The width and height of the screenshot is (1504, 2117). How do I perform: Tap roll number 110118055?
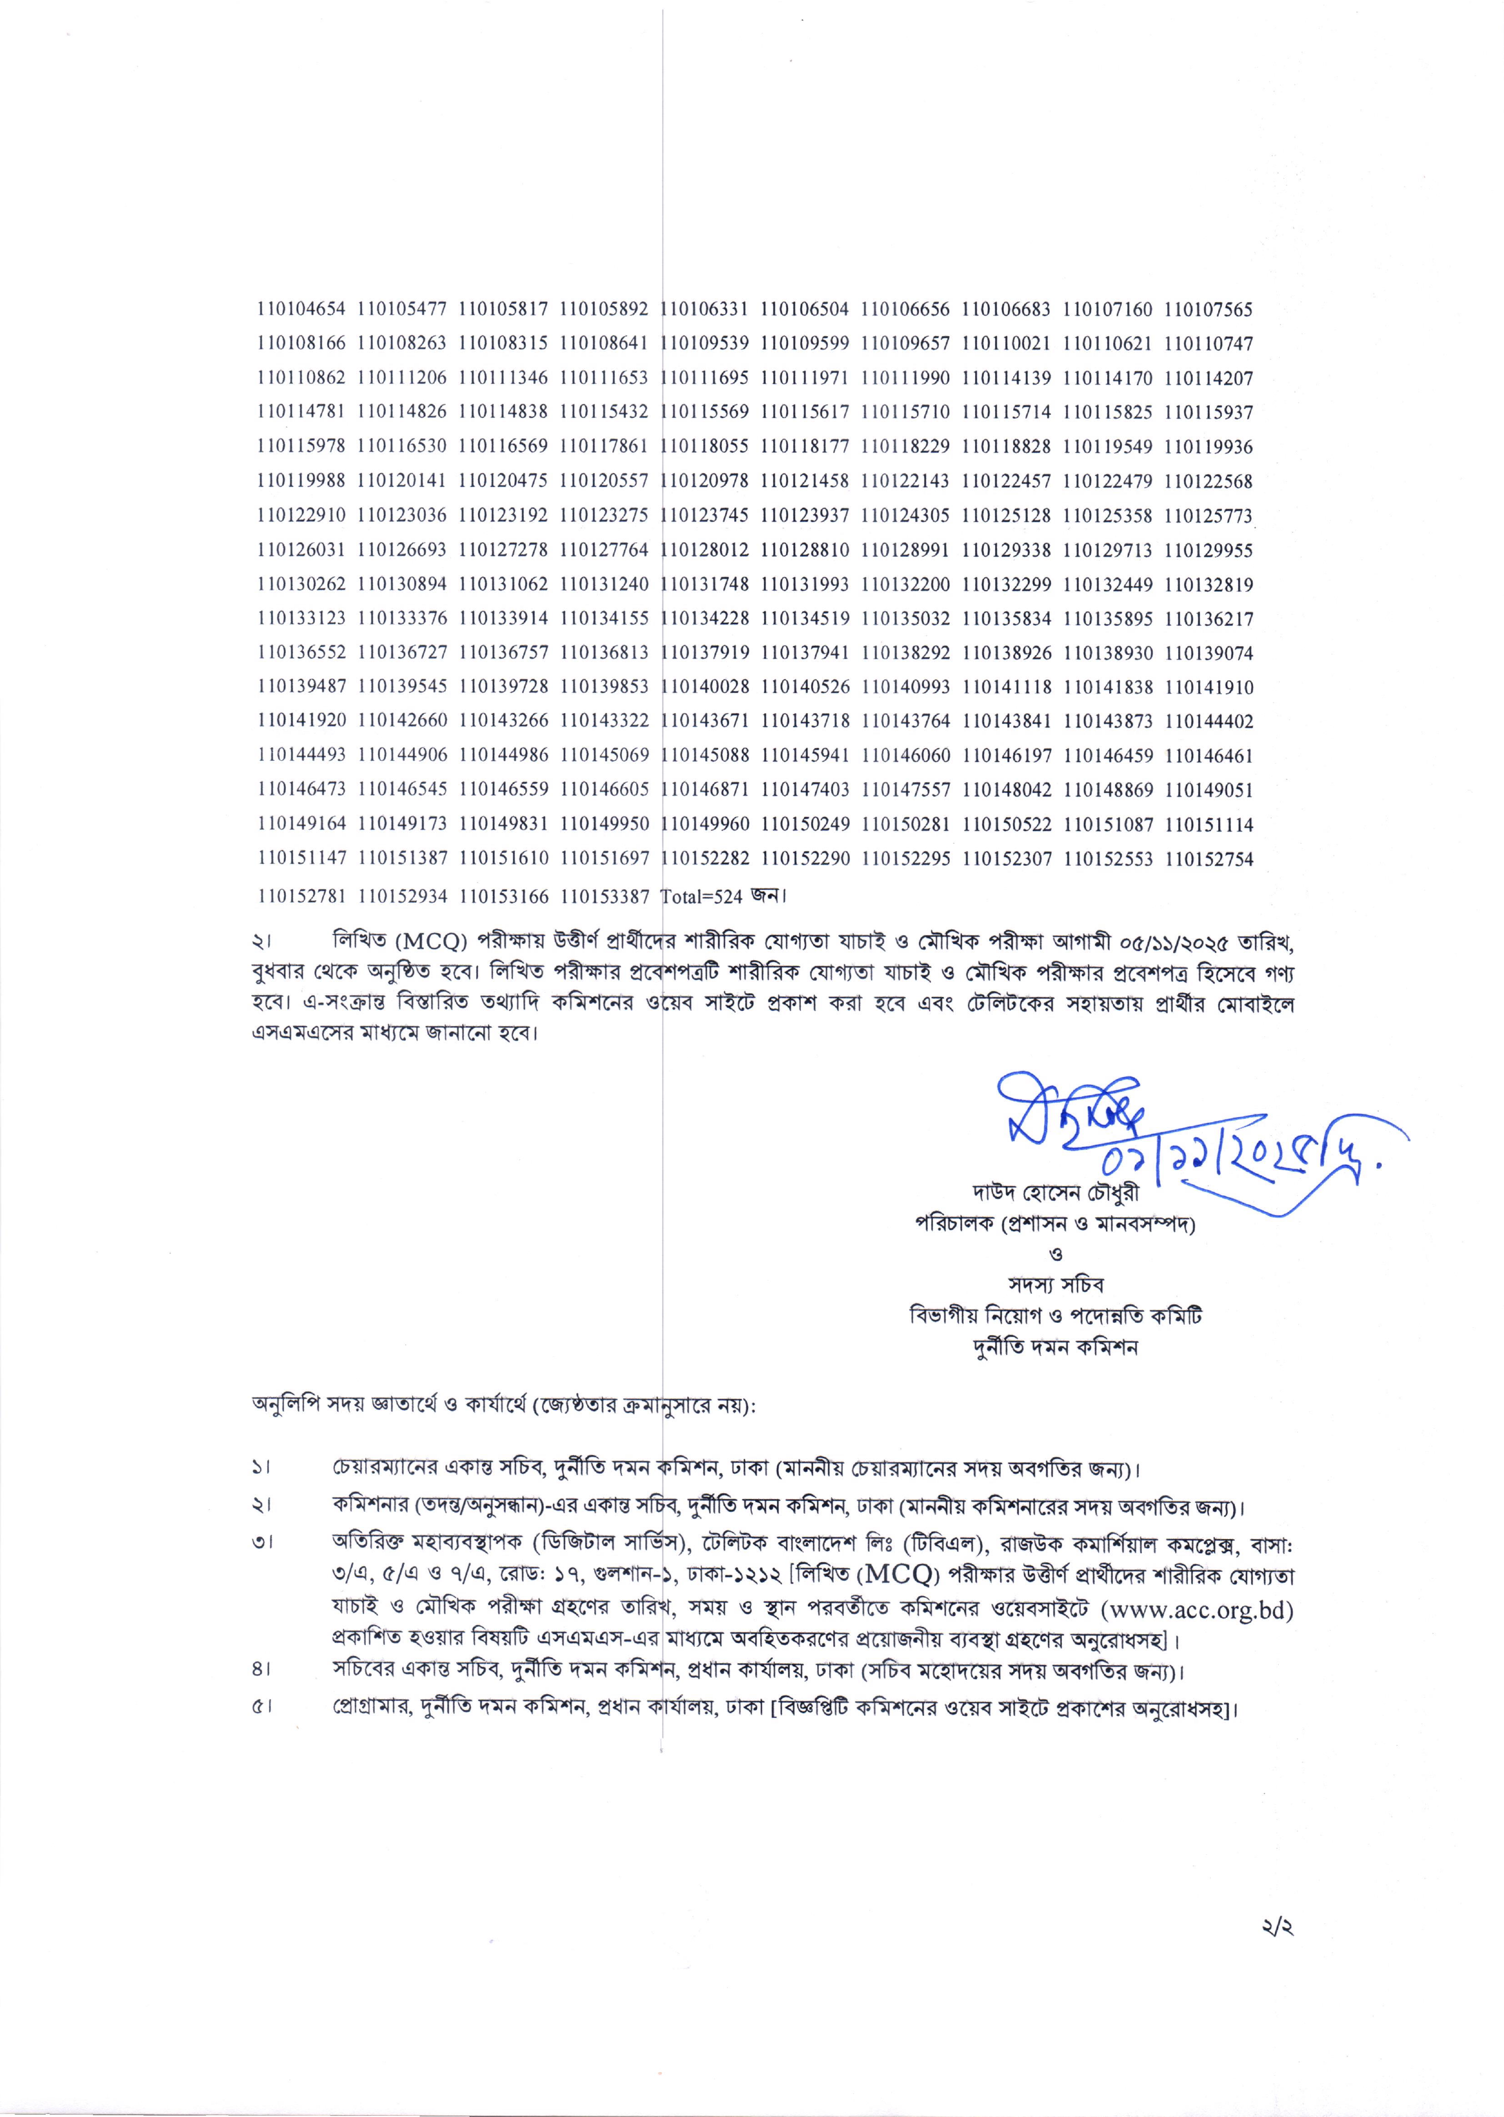pyautogui.click(x=707, y=446)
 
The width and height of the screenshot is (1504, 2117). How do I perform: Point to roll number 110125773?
pyautogui.click(x=1208, y=515)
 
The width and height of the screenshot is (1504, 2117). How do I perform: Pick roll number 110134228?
pyautogui.click(x=707, y=618)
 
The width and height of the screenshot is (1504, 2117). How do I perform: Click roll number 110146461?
pyautogui.click(x=1208, y=756)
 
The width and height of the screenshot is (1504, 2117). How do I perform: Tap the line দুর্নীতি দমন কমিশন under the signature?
pyautogui.click(x=1056, y=1347)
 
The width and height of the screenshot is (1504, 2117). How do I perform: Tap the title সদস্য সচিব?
pyautogui.click(x=1056, y=1285)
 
